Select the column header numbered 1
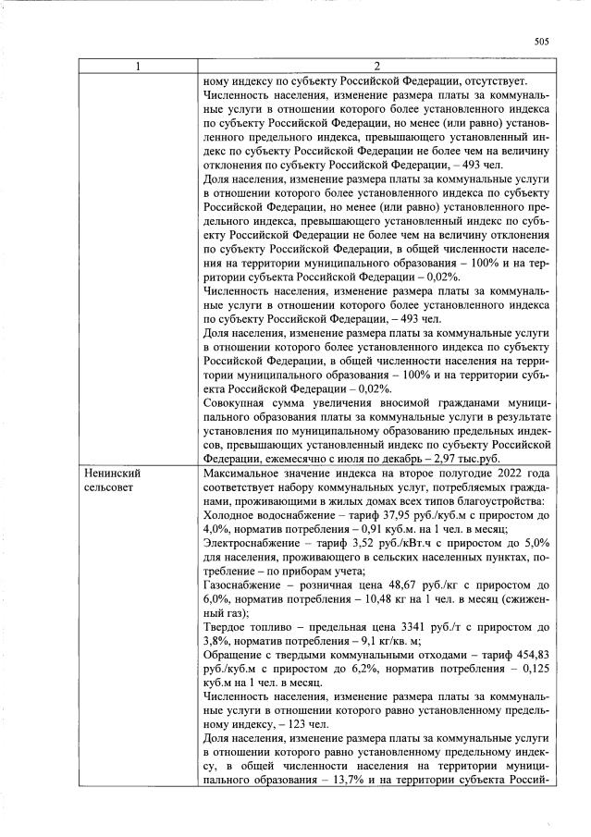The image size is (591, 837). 139,66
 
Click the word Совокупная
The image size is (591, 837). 236,403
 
